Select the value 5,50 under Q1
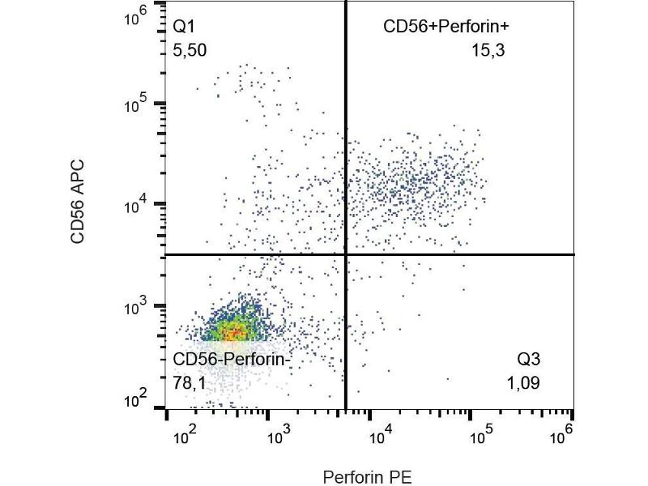pyautogui.click(x=190, y=51)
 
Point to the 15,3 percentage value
pyautogui.click(x=488, y=51)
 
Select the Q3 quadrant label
pyautogui.click(x=528, y=360)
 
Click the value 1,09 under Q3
pyautogui.click(x=522, y=382)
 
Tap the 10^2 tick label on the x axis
pyautogui.click(x=185, y=437)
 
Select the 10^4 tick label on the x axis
pyautogui.click(x=380, y=437)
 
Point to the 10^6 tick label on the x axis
pyautogui.click(x=562, y=433)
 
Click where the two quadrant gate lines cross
pyautogui.click(x=346, y=254)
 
